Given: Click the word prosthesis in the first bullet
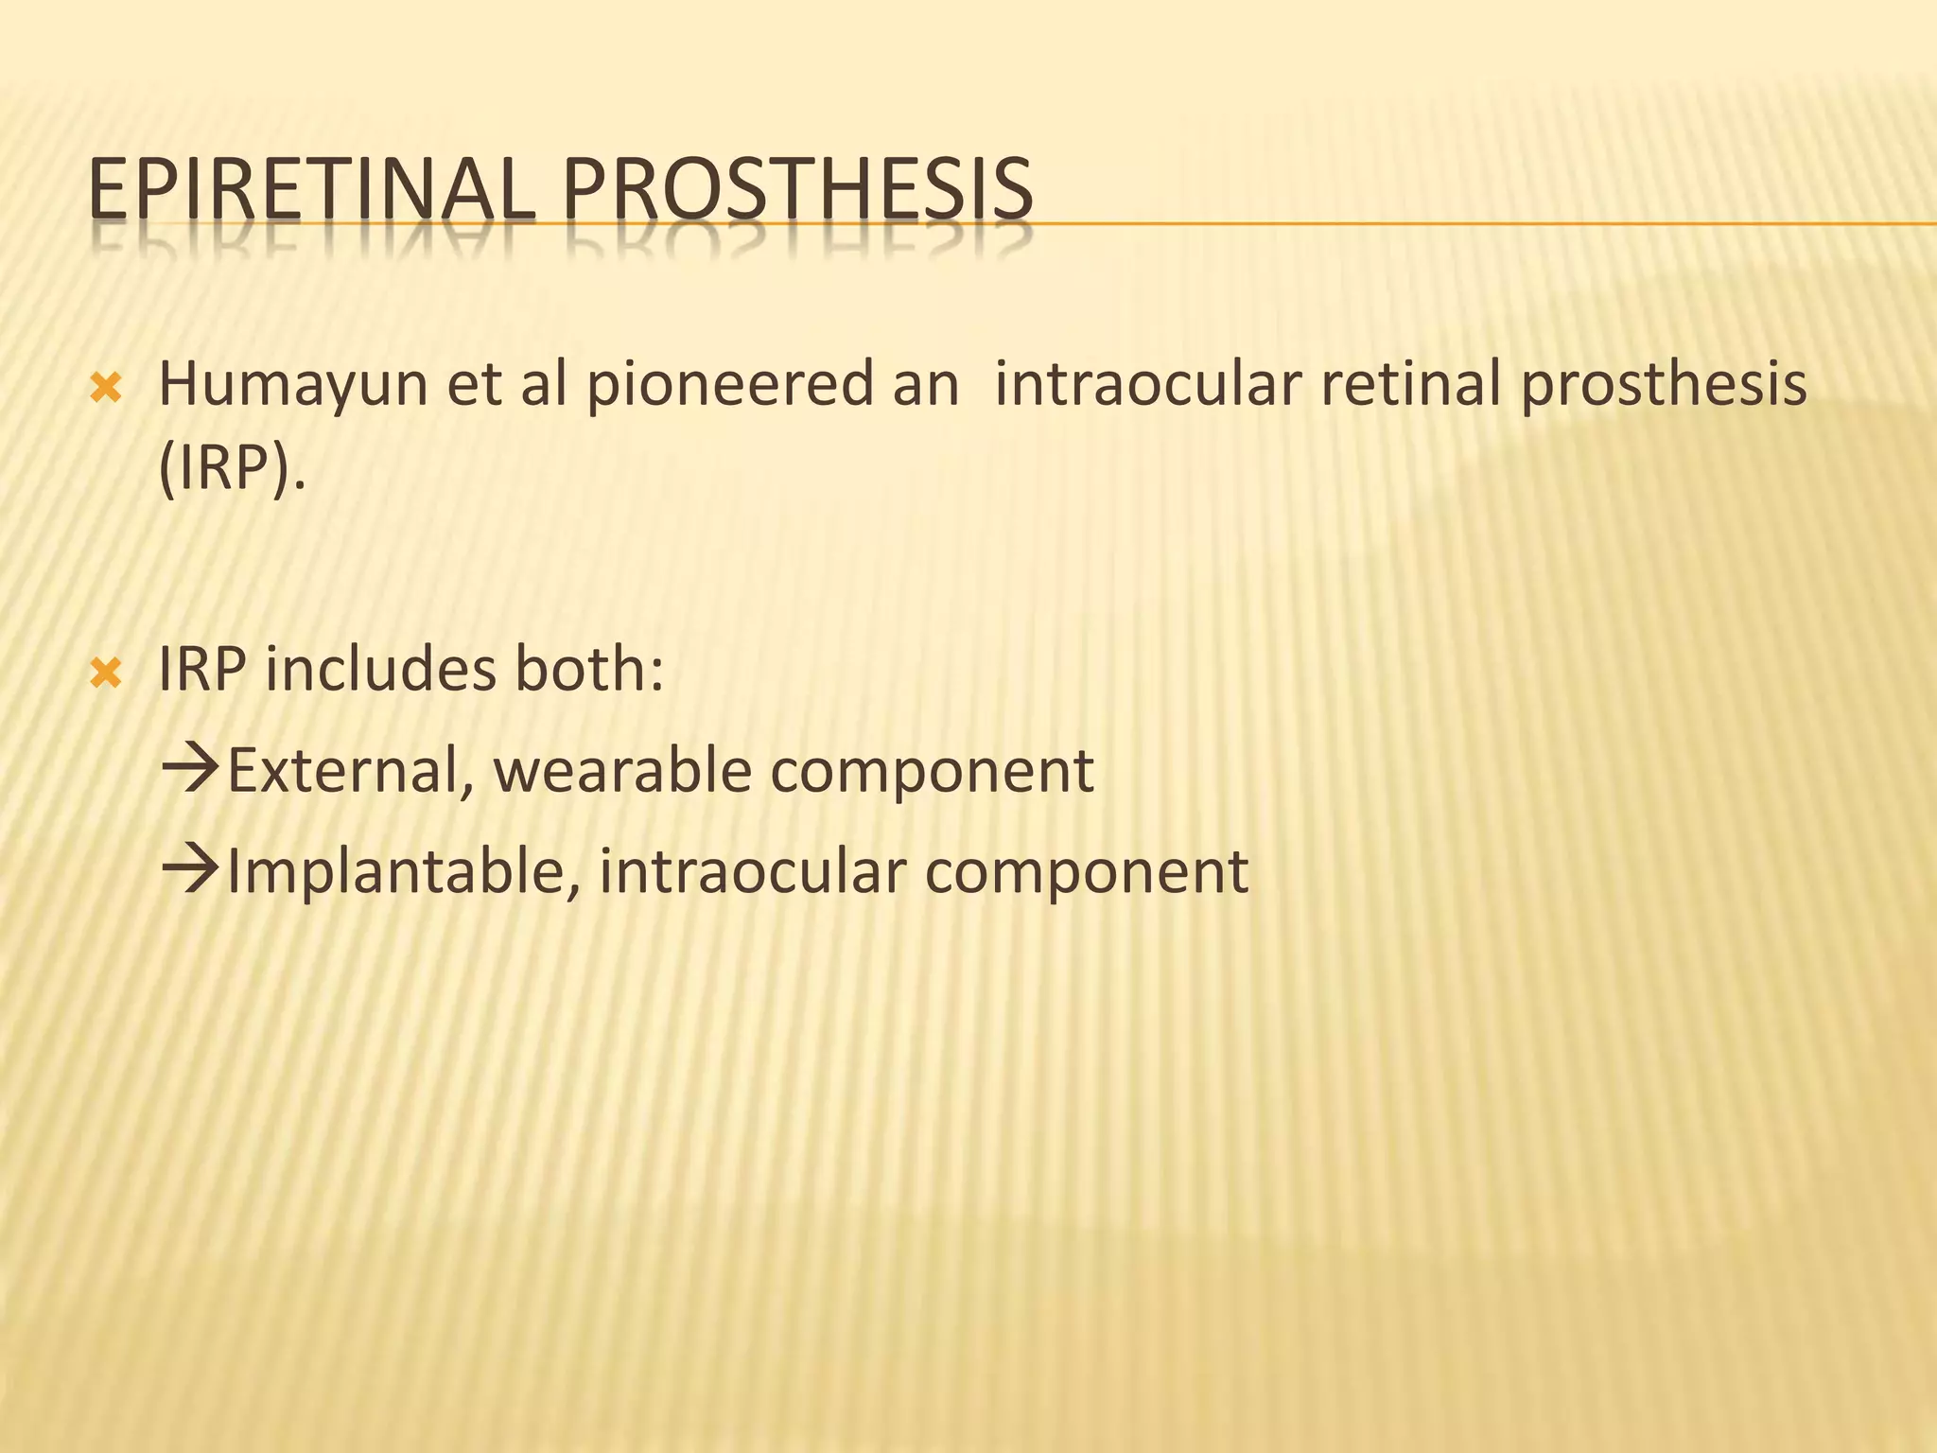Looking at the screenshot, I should click(1663, 386).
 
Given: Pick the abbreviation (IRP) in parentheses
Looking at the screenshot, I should click(233, 469).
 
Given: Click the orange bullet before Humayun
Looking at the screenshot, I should click(105, 388).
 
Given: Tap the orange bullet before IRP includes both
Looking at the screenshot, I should click(105, 674).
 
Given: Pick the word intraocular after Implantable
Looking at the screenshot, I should click(752, 871).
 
